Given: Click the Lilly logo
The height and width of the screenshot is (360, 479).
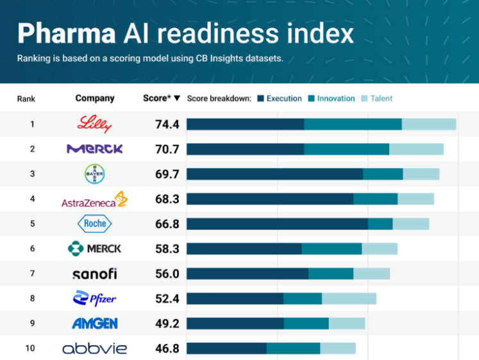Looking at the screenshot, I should pyautogui.click(x=94, y=124).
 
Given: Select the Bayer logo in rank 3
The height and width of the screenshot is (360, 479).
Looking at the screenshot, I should pyautogui.click(x=95, y=174).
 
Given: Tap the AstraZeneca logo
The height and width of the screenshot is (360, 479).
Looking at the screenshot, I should pyautogui.click(x=94, y=200).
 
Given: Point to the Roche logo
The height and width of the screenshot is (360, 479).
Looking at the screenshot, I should pyautogui.click(x=95, y=223).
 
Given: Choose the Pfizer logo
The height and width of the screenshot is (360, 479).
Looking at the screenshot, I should pyautogui.click(x=94, y=298).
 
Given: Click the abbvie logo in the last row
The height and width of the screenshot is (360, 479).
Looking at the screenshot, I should pyautogui.click(x=94, y=348).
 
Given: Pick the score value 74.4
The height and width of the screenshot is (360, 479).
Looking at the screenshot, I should pyautogui.click(x=167, y=124).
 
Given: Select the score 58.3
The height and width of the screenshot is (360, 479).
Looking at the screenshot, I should pyautogui.click(x=167, y=248).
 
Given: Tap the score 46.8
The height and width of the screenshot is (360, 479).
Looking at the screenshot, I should pyautogui.click(x=167, y=348).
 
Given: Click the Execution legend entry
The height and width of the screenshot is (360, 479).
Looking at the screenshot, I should pyautogui.click(x=280, y=99).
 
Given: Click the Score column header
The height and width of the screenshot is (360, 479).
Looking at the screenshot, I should pyautogui.click(x=161, y=99).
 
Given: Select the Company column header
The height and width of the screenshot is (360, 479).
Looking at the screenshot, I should pyautogui.click(x=95, y=99).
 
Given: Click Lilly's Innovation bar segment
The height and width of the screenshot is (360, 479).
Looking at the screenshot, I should pyautogui.click(x=353, y=124).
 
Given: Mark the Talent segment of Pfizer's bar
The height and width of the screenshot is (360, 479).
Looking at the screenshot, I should pyautogui.click(x=349, y=298).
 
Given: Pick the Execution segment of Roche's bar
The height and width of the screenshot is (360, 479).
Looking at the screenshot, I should pyautogui.click(x=277, y=223).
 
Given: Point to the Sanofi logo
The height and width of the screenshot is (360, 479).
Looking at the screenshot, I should pyautogui.click(x=94, y=274).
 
